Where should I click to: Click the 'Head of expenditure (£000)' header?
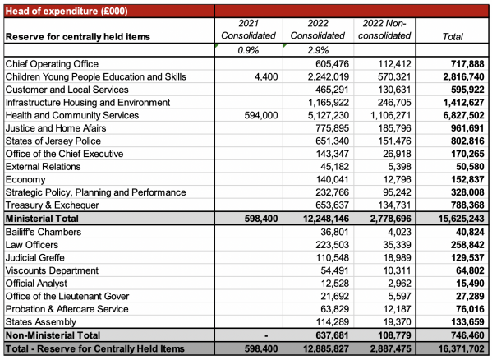[67, 12]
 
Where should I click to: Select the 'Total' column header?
[453, 37]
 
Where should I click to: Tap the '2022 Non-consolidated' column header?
[384, 30]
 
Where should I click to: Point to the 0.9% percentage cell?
[248, 50]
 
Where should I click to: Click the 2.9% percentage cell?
[318, 50]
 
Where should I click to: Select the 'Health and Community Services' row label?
[72, 115]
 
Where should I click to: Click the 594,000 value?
[261, 115]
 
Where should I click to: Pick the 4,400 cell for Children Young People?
[266, 76]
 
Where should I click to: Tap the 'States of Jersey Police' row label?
[53, 141]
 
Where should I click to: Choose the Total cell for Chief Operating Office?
[467, 64]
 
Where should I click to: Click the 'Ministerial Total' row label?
[42, 219]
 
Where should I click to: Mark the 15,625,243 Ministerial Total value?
[462, 219]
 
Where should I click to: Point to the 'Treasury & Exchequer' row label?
[52, 205]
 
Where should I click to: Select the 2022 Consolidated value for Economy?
[333, 179]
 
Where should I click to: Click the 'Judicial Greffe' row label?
[35, 258]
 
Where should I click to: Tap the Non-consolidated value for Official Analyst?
[399, 284]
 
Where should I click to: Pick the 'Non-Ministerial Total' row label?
[53, 335]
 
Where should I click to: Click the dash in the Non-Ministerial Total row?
[266, 336]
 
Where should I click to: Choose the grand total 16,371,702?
[462, 348]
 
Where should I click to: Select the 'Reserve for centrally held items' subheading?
[78, 37]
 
